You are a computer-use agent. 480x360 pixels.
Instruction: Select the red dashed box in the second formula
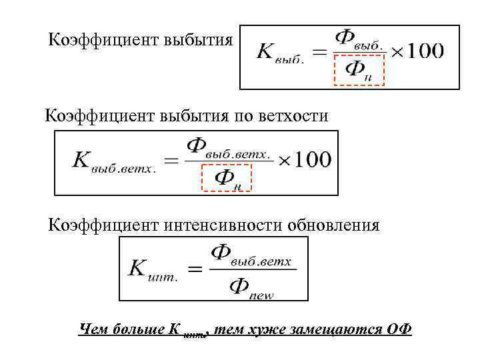(x=225, y=177)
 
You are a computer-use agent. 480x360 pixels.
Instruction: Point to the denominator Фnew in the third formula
(x=251, y=289)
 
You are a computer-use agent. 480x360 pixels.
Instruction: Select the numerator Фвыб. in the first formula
(x=358, y=38)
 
